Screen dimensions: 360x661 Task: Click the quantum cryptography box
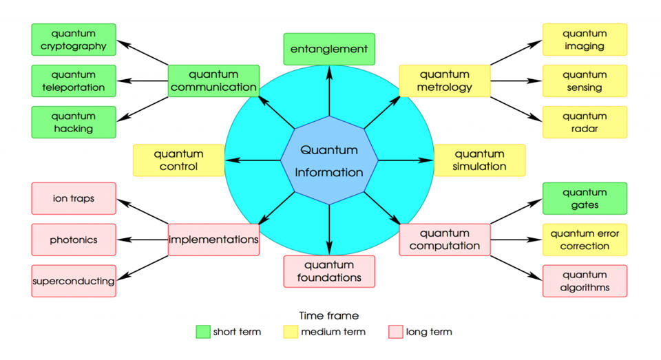pyautogui.click(x=74, y=40)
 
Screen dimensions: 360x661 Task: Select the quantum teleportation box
pyautogui.click(x=74, y=81)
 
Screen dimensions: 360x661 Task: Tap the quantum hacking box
pyautogui.click(x=74, y=122)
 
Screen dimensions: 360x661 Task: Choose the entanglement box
pyautogui.click(x=329, y=50)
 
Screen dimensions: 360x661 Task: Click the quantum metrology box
pyautogui.click(x=445, y=81)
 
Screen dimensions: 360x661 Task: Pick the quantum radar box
pyautogui.click(x=585, y=122)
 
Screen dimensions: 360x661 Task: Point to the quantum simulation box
pyautogui.click(x=480, y=160)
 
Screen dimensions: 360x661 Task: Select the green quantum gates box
pyautogui.click(x=585, y=198)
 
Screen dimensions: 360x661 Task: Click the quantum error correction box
pyautogui.click(x=585, y=240)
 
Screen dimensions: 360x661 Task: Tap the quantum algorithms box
pyautogui.click(x=585, y=281)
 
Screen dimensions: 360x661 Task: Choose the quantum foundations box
pyautogui.click(x=329, y=271)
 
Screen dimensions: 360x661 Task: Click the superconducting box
pyautogui.click(x=74, y=281)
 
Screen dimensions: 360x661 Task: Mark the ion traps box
pyautogui.click(x=74, y=198)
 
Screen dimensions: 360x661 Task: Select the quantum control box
pyautogui.click(x=178, y=160)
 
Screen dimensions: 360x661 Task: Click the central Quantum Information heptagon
pyautogui.click(x=329, y=160)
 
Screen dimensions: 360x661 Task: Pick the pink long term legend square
pyautogui.click(x=395, y=332)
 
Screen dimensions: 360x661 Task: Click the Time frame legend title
pyautogui.click(x=328, y=315)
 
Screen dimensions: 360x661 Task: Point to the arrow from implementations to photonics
pyautogui.click(x=143, y=240)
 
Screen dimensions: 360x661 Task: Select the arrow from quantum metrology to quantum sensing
pyautogui.click(x=516, y=81)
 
